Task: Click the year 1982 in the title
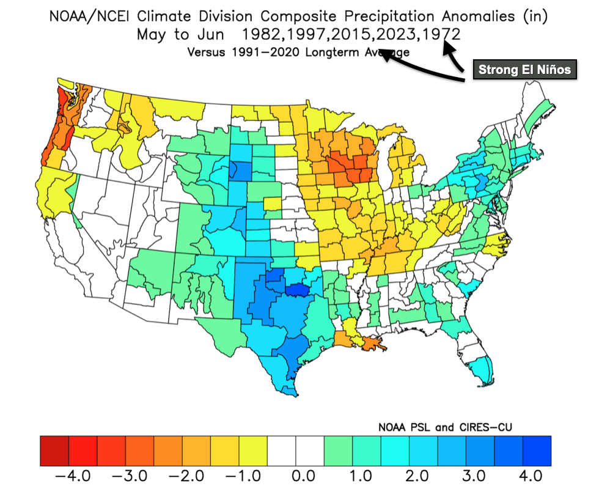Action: click(263, 34)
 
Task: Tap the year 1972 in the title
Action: click(438, 34)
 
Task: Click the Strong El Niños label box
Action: click(524, 70)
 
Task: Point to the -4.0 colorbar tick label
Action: click(72, 475)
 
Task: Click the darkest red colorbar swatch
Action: click(54, 450)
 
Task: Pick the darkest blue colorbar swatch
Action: click(537, 450)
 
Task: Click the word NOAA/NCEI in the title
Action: click(94, 16)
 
